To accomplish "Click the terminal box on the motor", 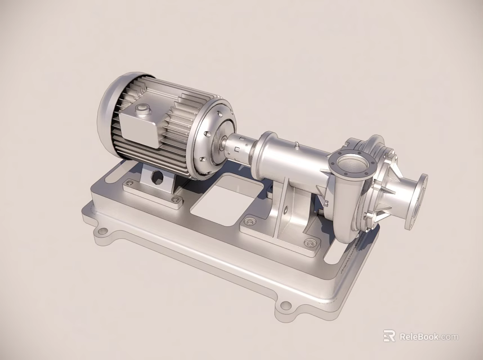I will click(137, 123).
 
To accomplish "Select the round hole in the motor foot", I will click(157, 178).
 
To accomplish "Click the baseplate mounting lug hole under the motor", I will click(101, 231).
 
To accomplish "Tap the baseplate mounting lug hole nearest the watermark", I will click(285, 307).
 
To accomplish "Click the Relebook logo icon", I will click(389, 336).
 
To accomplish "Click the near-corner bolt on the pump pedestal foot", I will click(309, 243).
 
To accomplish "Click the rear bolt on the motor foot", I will click(130, 183).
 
